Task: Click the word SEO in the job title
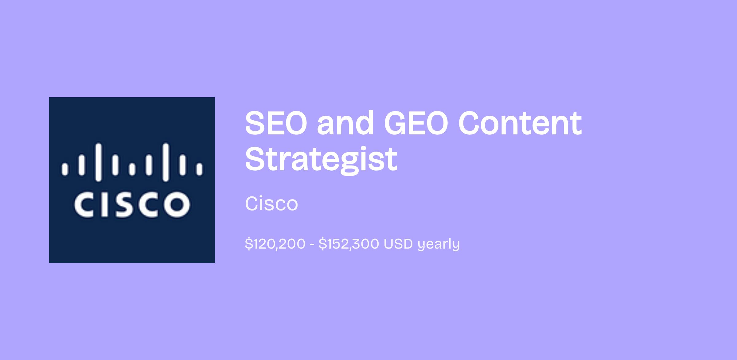click(x=276, y=123)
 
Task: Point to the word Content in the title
click(x=520, y=123)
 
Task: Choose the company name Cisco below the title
click(x=271, y=203)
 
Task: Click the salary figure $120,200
click(x=275, y=244)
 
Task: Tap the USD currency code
click(x=398, y=244)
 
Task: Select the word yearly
click(x=439, y=245)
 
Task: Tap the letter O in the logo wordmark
click(x=177, y=204)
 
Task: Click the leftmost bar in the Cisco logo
click(x=65, y=169)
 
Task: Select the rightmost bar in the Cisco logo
click(x=200, y=169)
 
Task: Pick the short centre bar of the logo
click(x=132, y=169)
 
